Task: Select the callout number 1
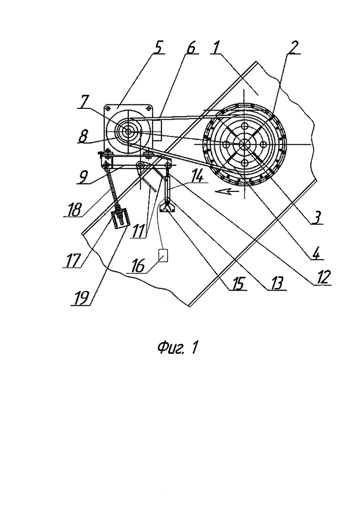pos(215,48)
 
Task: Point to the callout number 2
pos(293,48)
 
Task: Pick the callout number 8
pos(83,136)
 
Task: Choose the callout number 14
pos(199,177)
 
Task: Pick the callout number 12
pos(323,278)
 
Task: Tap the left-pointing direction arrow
pos(226,191)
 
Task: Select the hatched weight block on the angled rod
pos(120,219)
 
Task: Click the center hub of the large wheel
pos(244,144)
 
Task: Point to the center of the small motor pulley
pos(128,131)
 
